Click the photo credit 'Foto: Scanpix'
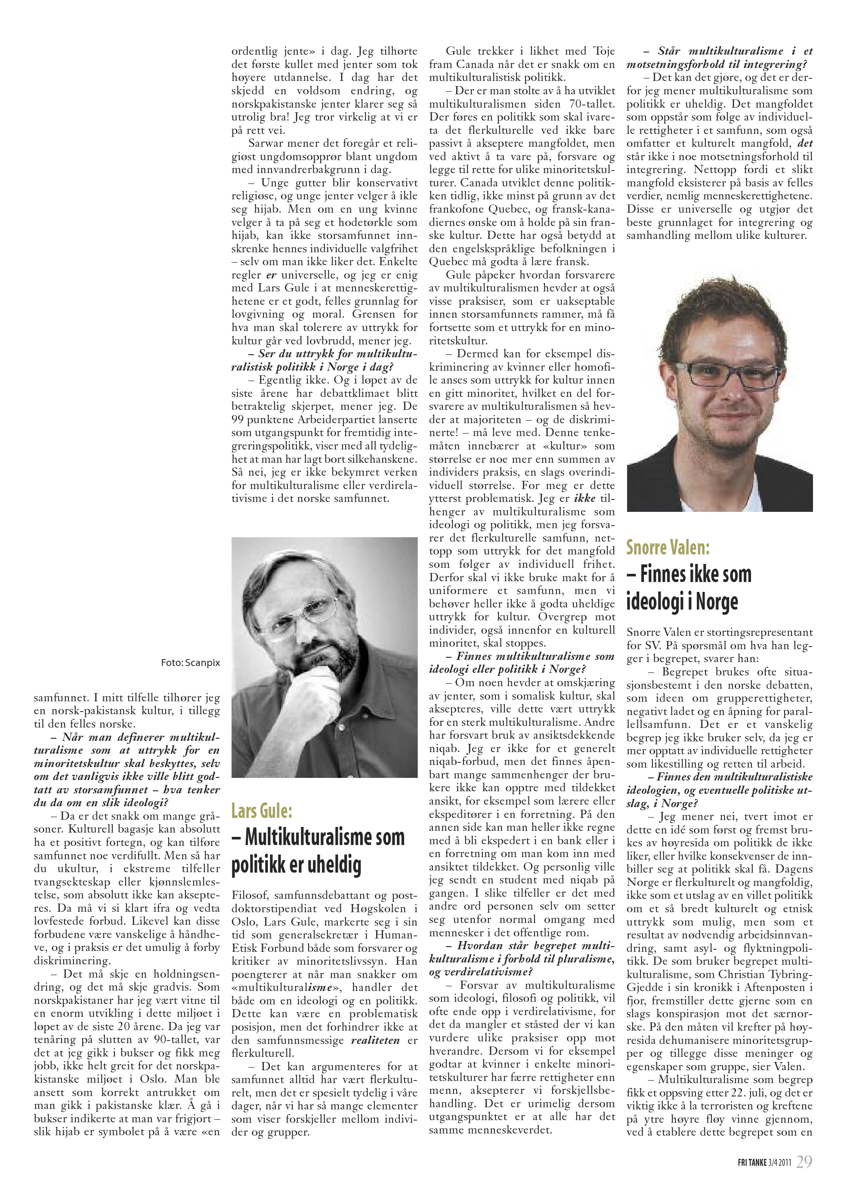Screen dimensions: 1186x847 tap(190, 663)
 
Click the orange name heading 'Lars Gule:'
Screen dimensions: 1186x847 tap(261, 811)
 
